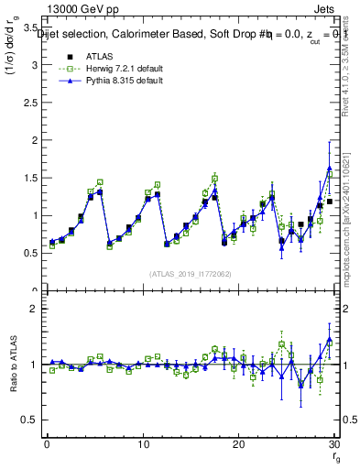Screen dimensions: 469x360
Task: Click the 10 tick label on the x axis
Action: click(142, 444)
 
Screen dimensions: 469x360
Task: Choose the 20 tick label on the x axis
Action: click(238, 444)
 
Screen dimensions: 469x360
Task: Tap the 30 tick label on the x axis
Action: click(334, 444)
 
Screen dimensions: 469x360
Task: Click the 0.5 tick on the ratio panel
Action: click(32, 420)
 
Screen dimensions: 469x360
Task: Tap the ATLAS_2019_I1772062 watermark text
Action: click(190, 273)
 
